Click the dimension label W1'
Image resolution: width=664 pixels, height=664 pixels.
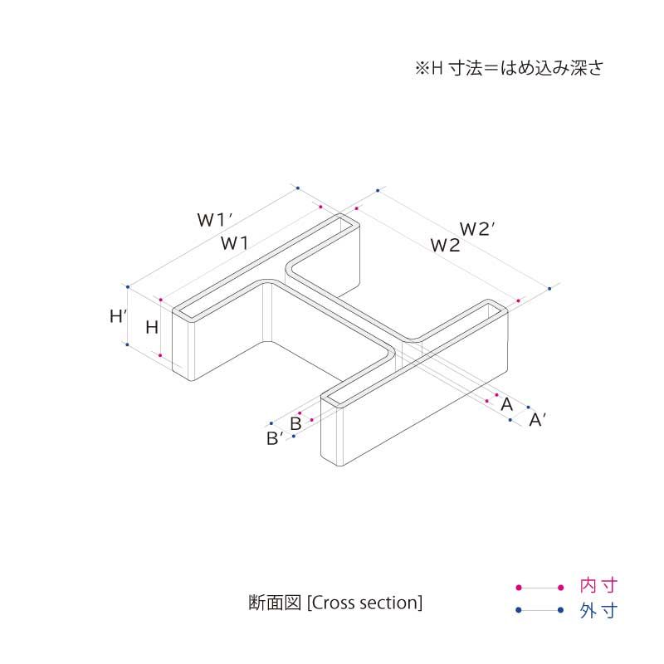213,220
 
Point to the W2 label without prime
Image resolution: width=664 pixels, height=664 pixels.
445,245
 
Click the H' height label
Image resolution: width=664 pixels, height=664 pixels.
119,315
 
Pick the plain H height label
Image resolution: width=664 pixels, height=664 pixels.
152,327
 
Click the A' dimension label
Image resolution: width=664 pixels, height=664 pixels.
537,420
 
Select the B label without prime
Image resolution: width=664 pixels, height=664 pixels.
295,422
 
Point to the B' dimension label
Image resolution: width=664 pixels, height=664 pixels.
276,438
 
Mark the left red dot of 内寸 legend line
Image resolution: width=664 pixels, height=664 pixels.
518,587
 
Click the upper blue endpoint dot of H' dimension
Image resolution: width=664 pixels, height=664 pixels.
127,284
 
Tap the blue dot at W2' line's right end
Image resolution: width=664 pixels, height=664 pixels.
549,289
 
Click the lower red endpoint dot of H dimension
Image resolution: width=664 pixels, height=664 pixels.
159,355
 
